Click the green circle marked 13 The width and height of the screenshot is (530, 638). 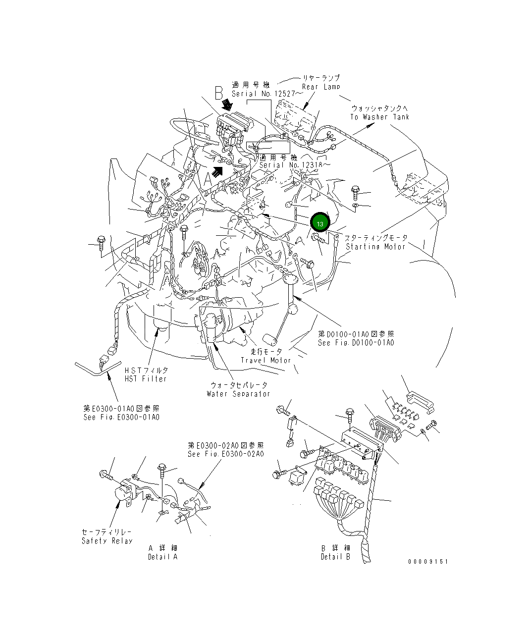[x=319, y=224]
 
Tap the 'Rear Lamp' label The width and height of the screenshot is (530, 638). [x=321, y=87]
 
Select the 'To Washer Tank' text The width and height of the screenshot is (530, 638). [x=379, y=117]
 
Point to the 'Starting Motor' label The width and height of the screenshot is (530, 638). [x=376, y=246]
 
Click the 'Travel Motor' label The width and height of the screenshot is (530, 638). [x=266, y=360]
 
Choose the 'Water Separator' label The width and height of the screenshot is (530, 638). [x=238, y=393]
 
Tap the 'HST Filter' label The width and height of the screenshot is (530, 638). [x=146, y=378]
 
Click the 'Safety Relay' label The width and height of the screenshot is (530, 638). [x=107, y=540]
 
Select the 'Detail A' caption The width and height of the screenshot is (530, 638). [x=162, y=557]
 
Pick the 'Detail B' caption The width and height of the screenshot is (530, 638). [x=335, y=557]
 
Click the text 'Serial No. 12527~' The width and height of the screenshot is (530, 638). [x=264, y=93]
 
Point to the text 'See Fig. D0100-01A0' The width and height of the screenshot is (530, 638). [x=356, y=342]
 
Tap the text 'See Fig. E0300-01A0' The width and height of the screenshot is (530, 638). [x=121, y=417]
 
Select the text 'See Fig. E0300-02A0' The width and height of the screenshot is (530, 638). [x=225, y=454]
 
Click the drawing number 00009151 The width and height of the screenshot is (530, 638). [x=428, y=561]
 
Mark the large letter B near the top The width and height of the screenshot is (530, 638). [x=219, y=92]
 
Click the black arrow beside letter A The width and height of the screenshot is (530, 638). [x=216, y=171]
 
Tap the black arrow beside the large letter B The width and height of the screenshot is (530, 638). [x=228, y=104]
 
